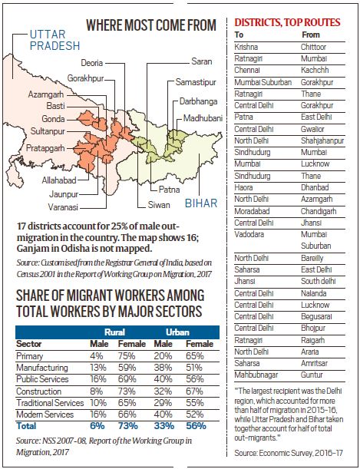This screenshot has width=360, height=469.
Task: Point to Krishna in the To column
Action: (x=246, y=46)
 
